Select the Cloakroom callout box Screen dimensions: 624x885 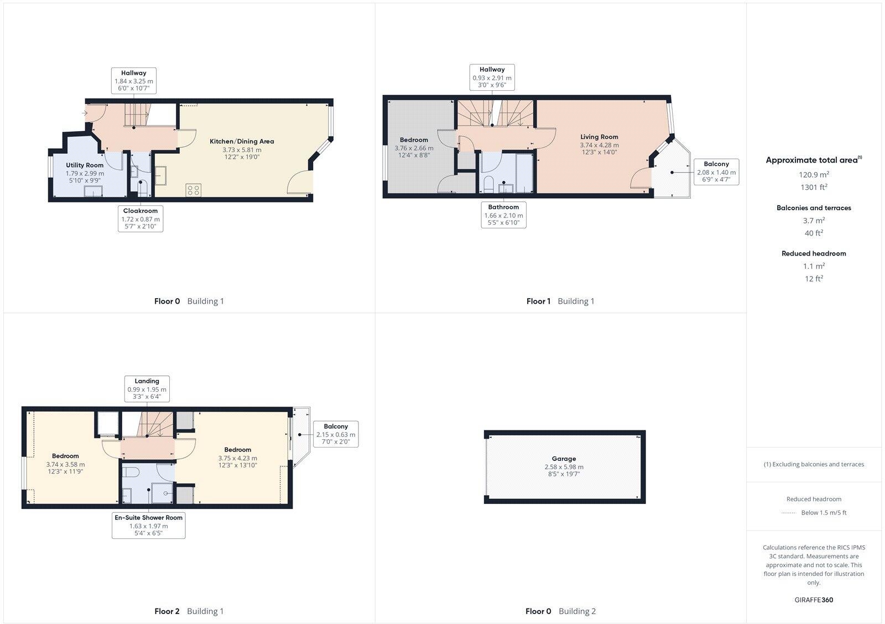point(140,219)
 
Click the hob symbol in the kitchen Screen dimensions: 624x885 point(194,190)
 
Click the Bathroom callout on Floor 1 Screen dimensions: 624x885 point(503,215)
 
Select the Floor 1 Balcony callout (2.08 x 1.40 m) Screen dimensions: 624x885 point(716,172)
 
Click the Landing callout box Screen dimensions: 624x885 point(147,389)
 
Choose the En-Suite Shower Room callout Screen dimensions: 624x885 point(148,526)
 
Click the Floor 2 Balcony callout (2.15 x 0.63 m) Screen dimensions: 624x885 point(336,434)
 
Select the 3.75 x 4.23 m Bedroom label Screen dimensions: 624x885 point(238,457)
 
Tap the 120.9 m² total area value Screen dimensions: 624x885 point(814,174)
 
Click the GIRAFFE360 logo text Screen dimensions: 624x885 point(814,600)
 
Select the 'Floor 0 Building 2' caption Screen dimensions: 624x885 point(560,611)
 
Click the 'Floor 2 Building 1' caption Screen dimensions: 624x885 point(189,611)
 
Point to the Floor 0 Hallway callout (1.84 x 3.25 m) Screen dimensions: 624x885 point(134,81)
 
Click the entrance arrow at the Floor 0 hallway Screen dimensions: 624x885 point(85,113)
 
